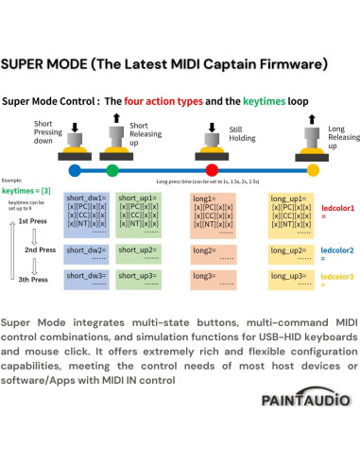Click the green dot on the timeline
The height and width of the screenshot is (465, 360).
tap(112, 169)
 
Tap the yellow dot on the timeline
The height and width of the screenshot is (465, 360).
tap(313, 169)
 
